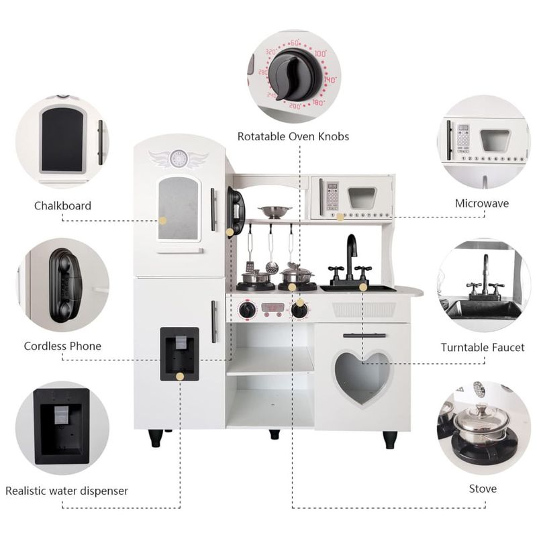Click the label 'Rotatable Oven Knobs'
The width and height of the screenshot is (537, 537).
pyautogui.click(x=293, y=136)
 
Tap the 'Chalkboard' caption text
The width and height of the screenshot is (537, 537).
pyautogui.click(x=62, y=205)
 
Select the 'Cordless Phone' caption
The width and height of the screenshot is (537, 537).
pyautogui.click(x=62, y=346)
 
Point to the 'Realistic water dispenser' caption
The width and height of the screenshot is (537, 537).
pyautogui.click(x=66, y=491)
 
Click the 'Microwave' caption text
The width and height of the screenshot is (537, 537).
pyautogui.click(x=481, y=203)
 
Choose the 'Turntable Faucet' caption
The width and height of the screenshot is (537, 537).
pyautogui.click(x=483, y=347)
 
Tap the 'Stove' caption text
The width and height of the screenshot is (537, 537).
pyautogui.click(x=483, y=488)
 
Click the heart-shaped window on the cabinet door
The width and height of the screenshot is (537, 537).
pyautogui.click(x=362, y=377)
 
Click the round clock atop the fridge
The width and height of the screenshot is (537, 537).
pyautogui.click(x=178, y=158)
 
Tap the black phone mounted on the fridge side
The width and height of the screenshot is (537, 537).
pyautogui.click(x=236, y=210)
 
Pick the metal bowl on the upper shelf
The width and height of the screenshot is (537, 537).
pyautogui.click(x=275, y=212)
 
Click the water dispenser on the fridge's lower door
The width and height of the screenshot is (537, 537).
pyautogui.click(x=179, y=353)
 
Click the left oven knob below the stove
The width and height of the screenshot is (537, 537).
pyautogui.click(x=248, y=309)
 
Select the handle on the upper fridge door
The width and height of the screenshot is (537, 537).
pyautogui.click(x=213, y=209)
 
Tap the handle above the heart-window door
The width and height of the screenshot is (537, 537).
pyautogui.click(x=364, y=335)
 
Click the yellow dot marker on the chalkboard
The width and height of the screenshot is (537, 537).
pyautogui.click(x=162, y=220)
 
